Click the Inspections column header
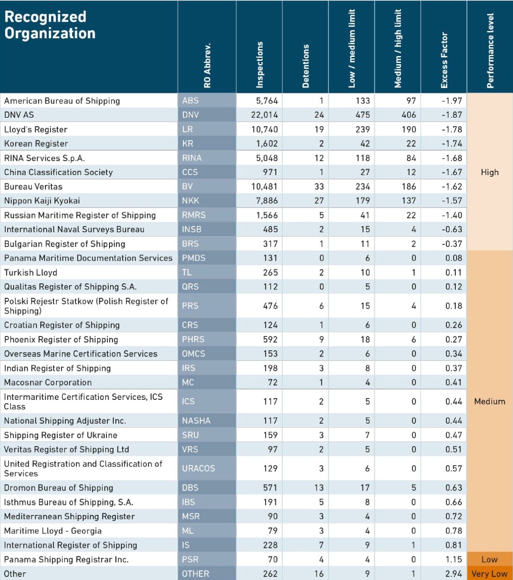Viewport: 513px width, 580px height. tap(259, 65)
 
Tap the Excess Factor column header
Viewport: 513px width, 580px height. tap(444, 60)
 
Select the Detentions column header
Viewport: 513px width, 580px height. tap(306, 66)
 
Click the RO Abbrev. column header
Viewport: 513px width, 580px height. tap(208, 65)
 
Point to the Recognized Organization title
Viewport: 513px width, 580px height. tap(50, 25)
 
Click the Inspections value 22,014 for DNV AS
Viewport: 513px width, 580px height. tap(264, 115)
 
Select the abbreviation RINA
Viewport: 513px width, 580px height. tap(192, 158)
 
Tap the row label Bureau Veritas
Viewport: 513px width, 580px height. tap(33, 187)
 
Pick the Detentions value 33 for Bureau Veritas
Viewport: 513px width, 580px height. tap(319, 187)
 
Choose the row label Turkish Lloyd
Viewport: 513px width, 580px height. tap(31, 273)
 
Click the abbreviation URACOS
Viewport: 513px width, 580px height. tap(198, 468)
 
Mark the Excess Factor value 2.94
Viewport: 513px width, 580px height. tap(454, 574)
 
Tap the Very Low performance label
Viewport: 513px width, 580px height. tap(489, 574)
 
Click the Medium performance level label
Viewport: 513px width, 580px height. tap(489, 402)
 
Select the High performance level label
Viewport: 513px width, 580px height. tap(489, 172)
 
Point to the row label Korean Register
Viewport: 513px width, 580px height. tap(36, 144)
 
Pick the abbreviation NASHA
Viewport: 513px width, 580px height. tap(196, 421)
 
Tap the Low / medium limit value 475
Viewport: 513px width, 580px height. tap(363, 115)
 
